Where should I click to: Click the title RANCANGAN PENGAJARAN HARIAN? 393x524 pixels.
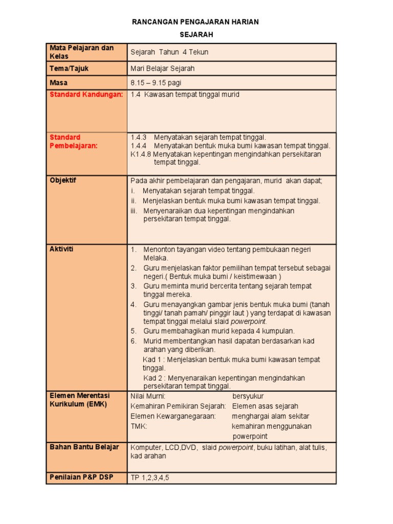pyautogui.click(x=195, y=22)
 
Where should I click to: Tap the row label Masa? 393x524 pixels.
pyautogui.click(x=59, y=82)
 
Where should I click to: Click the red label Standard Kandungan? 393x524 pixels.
pyautogui.click(x=86, y=95)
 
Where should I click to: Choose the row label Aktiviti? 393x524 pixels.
pyautogui.click(x=61, y=249)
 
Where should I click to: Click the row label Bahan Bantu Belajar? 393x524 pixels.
pyautogui.click(x=84, y=447)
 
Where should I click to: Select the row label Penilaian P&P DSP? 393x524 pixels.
pyautogui.click(x=81, y=477)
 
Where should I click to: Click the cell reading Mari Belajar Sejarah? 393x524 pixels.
pyautogui.click(x=162, y=69)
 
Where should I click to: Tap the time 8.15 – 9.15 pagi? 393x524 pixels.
pyautogui.click(x=156, y=82)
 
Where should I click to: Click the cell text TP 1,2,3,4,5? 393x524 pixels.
pyautogui.click(x=150, y=477)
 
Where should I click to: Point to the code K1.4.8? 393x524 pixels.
pyautogui.click(x=141, y=154)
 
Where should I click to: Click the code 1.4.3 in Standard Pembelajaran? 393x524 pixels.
pyautogui.click(x=139, y=137)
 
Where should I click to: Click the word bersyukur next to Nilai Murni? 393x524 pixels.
pyautogui.click(x=248, y=396)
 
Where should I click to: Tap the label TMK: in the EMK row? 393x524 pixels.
pyautogui.click(x=139, y=426)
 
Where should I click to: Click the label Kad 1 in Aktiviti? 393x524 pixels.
pyautogui.click(x=152, y=360)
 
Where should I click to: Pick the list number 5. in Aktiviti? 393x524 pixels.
pyautogui.click(x=134, y=331)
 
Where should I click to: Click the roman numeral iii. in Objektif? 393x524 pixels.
pyautogui.click(x=134, y=211)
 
